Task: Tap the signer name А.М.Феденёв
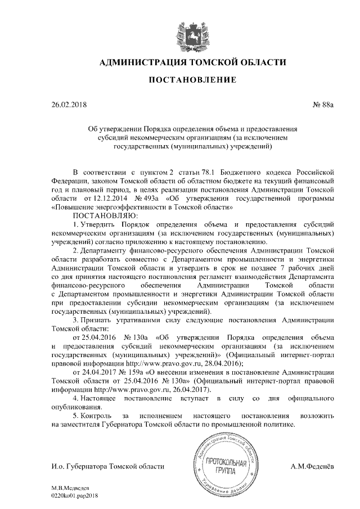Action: click(x=313, y=466)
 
